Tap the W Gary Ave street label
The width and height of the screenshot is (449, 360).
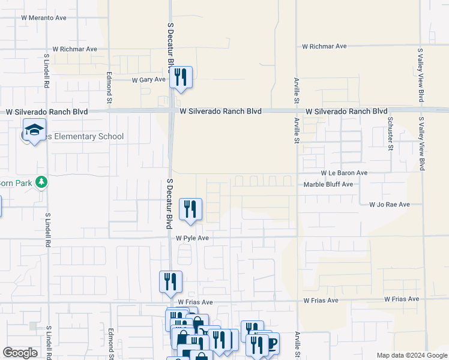tap(148, 79)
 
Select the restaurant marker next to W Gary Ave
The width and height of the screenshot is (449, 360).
tap(180, 77)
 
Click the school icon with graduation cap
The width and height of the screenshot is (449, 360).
tap(34, 130)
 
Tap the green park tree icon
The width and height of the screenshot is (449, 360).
tap(41, 181)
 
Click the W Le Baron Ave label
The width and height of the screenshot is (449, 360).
tap(344, 173)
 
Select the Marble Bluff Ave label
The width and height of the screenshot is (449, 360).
tap(328, 185)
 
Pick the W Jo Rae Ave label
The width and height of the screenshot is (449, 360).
tap(389, 205)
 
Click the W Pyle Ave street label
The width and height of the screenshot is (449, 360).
tap(192, 238)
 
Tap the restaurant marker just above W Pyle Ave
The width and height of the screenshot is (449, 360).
tap(190, 209)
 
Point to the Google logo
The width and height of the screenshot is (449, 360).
tap(20, 353)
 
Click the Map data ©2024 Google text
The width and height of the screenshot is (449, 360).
tap(412, 355)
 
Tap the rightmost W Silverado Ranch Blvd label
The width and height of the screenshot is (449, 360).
tap(346, 112)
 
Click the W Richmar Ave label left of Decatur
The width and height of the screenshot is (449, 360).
tap(74, 49)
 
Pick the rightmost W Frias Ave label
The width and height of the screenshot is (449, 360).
tap(402, 299)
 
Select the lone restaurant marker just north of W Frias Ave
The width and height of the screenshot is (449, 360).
tap(170, 281)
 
